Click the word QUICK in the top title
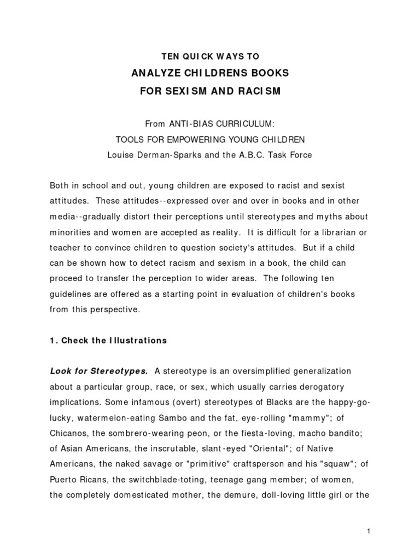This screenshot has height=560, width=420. point(192,56)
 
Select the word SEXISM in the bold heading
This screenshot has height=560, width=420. point(179,91)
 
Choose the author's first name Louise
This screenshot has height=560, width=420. point(123,155)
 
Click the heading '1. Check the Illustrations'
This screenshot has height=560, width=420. point(108,340)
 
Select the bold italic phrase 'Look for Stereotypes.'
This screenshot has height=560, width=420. point(99,371)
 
